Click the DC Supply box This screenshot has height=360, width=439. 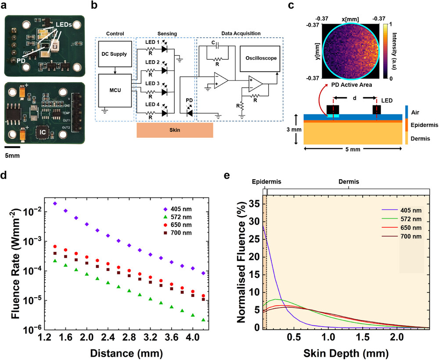tap(115, 54)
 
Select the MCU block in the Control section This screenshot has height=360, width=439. tap(115, 90)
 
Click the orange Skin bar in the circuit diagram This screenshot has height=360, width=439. tap(175, 130)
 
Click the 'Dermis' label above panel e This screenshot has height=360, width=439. tap(348, 181)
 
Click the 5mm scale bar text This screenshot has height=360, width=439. tap(14, 155)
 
